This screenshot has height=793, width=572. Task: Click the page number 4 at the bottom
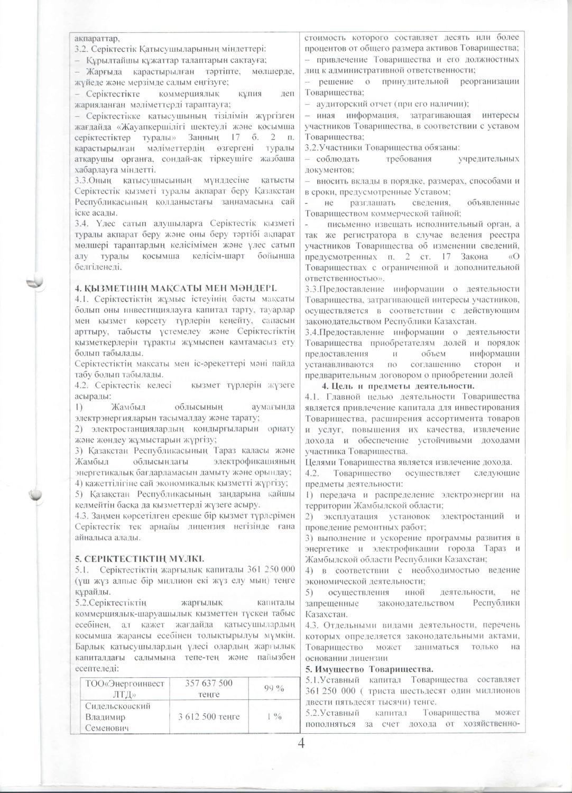coord(301,743)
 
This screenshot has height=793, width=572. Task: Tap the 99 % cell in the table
coord(275,688)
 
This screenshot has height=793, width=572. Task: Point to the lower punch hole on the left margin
coord(37,495)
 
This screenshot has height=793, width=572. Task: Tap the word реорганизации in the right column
coord(487,81)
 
